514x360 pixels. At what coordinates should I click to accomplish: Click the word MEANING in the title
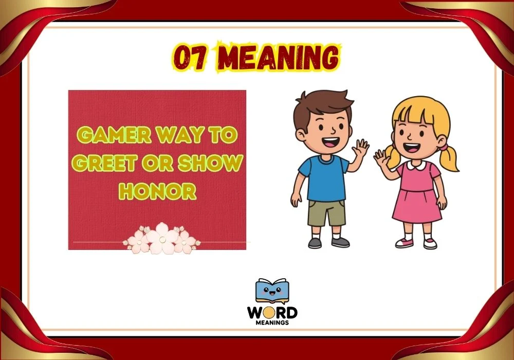277,59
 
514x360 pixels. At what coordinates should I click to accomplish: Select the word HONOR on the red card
157,191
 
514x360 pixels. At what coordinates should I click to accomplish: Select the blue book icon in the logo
272,292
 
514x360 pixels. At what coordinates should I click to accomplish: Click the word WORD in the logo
272,313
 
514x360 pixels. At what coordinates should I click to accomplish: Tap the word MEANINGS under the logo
272,323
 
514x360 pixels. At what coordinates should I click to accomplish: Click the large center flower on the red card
161,238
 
